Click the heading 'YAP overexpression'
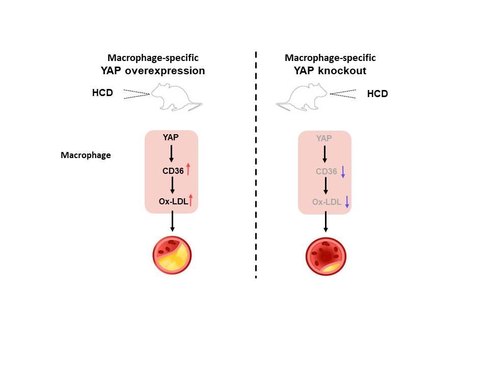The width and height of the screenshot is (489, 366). (x=153, y=71)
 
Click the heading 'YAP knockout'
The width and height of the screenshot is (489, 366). (x=330, y=71)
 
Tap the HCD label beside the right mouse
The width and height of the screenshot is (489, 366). (x=377, y=94)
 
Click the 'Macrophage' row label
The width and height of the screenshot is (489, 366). (x=86, y=155)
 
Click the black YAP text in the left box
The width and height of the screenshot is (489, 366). (x=171, y=137)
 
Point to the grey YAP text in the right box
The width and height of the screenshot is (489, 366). (x=324, y=138)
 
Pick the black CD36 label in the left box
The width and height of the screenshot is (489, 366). (x=173, y=171)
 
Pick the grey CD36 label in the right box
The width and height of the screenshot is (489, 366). (x=327, y=172)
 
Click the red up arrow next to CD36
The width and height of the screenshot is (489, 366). (x=188, y=169)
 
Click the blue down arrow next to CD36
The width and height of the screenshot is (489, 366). (x=343, y=171)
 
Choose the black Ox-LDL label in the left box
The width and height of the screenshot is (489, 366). (x=174, y=202)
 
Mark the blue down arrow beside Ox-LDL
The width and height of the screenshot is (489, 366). (x=347, y=202)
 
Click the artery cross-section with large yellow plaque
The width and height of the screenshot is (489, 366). (x=172, y=255)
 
